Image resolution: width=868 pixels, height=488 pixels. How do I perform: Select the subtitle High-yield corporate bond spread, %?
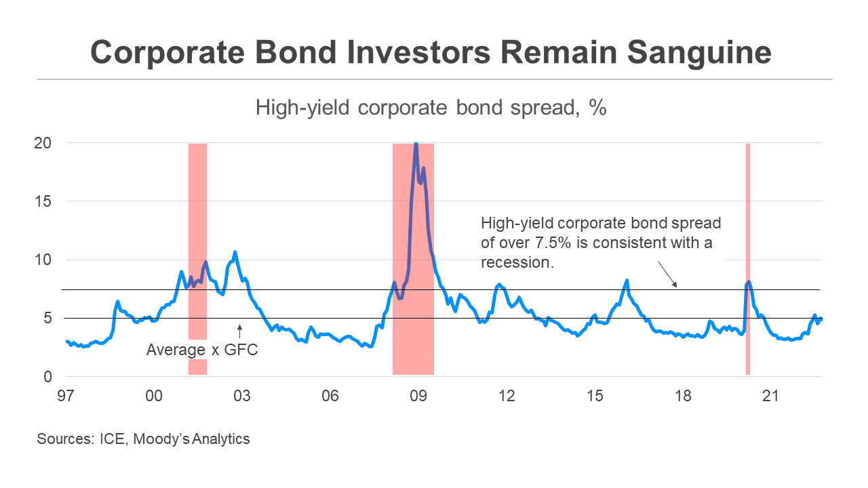click(431, 107)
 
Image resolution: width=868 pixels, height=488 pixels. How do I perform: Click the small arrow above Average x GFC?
click(239, 331)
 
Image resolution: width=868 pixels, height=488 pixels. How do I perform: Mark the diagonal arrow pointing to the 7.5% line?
click(667, 274)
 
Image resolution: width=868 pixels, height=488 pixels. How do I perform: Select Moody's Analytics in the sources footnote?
click(192, 439)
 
